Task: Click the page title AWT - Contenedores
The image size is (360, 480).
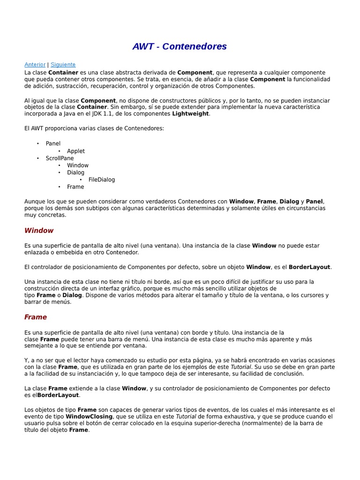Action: click(180, 46)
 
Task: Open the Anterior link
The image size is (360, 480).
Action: click(35, 65)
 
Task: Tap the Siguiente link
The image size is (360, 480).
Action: click(63, 65)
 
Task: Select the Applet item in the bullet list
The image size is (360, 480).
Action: click(75, 151)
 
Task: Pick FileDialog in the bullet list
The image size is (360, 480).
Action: click(101, 180)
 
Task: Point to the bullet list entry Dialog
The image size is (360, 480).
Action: click(75, 172)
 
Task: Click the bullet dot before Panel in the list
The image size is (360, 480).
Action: click(38, 144)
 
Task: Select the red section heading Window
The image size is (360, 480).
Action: click(39, 231)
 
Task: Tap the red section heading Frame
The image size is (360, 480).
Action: click(36, 317)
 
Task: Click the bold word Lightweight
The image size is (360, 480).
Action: click(190, 114)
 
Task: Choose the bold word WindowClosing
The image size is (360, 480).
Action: click(89, 416)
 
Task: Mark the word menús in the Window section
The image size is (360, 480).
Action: click(62, 302)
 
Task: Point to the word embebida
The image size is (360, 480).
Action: click(66, 252)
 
